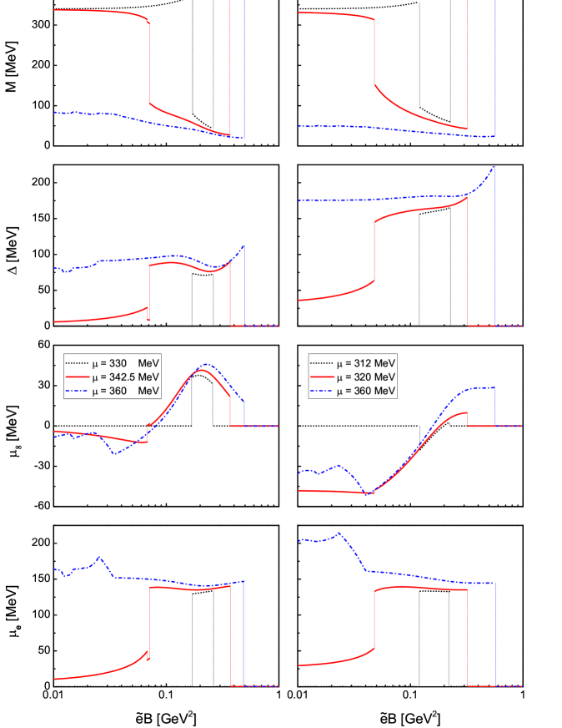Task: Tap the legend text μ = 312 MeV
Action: [366, 363]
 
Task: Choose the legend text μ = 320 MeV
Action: [366, 377]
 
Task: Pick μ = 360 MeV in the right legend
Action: [366, 391]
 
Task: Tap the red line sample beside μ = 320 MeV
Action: [321, 377]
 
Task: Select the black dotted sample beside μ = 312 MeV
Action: [321, 363]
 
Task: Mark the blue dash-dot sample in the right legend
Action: [321, 391]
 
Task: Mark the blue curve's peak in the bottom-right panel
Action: [339, 533]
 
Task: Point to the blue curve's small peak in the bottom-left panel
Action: [99, 557]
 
